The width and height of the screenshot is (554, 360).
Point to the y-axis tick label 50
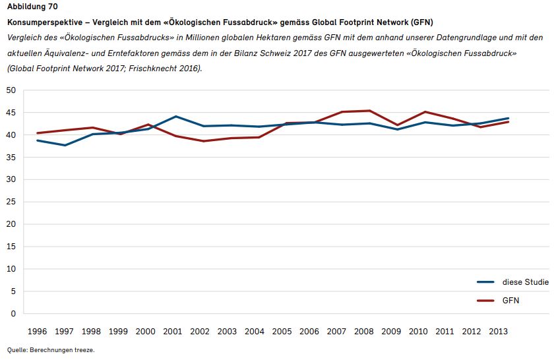(11, 90)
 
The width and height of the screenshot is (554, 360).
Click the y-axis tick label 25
(11, 202)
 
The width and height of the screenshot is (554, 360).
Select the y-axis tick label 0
(13, 314)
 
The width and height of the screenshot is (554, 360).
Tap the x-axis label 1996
(37, 330)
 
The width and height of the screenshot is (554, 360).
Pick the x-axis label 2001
(172, 330)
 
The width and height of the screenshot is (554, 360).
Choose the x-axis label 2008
(363, 330)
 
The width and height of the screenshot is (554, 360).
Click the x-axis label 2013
(498, 330)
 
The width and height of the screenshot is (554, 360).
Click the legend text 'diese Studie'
(525, 282)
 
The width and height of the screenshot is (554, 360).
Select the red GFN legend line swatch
(486, 301)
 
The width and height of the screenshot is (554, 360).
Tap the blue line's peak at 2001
(175, 117)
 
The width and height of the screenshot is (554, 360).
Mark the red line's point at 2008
(369, 111)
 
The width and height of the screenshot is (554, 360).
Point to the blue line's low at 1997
(65, 145)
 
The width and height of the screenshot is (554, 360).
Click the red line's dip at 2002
(203, 141)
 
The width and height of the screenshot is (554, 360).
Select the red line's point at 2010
(425, 111)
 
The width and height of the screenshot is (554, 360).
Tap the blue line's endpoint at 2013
(508, 118)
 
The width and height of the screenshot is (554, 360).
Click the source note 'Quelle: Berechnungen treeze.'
(51, 350)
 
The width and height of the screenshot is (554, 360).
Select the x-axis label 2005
(282, 330)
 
